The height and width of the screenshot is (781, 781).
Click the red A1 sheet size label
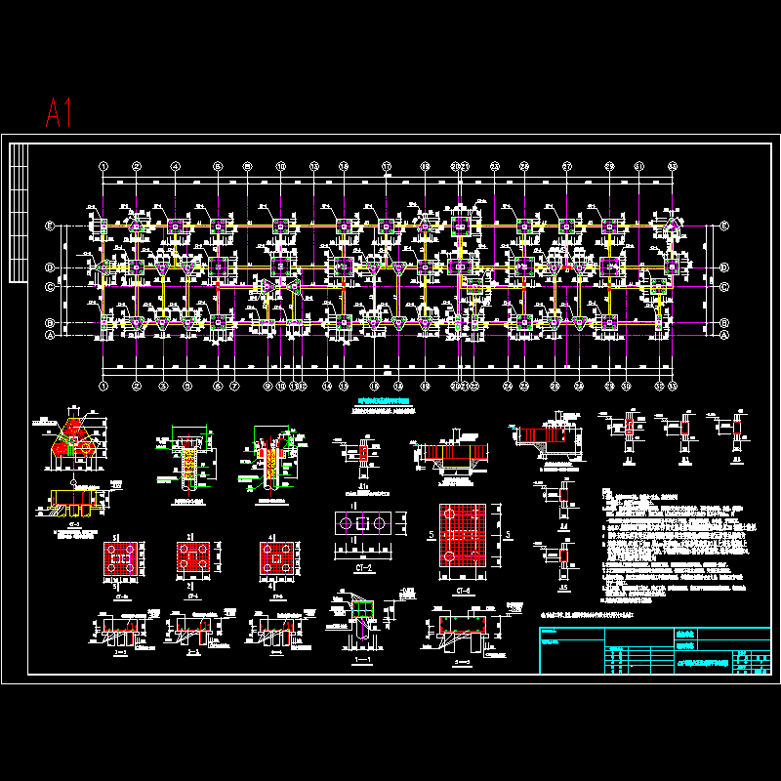59,112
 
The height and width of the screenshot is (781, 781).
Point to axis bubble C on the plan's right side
723,287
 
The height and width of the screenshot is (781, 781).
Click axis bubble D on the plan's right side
723,266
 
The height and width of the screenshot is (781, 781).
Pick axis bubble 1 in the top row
103,166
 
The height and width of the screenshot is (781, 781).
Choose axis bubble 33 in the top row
672,166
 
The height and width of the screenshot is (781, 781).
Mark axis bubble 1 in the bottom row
103,386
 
